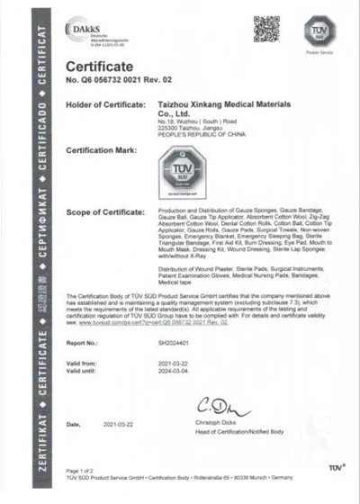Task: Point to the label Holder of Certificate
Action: [x=104, y=106]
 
